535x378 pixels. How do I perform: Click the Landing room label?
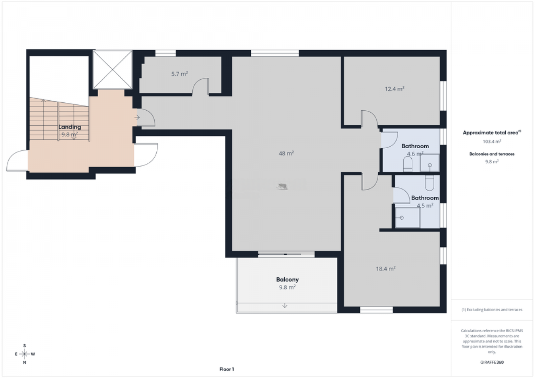coord(70,127)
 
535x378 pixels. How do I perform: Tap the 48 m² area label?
coord(286,153)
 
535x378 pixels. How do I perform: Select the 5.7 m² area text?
coord(179,74)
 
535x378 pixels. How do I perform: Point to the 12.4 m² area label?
coord(395,89)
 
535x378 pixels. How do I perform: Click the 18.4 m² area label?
coord(386,269)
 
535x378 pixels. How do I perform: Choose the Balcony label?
coord(287,279)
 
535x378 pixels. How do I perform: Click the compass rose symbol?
coord(25,354)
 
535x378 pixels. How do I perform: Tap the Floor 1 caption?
coord(227,369)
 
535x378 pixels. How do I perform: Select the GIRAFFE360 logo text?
coord(492,362)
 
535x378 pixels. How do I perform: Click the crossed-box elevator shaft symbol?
coord(112,69)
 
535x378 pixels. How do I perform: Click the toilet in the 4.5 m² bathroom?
coord(429,183)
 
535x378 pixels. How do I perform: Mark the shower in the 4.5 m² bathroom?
coord(408,218)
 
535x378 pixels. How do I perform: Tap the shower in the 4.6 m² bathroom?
coord(430,163)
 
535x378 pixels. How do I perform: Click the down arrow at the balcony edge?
coord(285,306)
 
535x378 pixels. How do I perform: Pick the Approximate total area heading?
coord(491,132)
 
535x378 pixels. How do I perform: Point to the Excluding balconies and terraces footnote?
coord(492,310)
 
